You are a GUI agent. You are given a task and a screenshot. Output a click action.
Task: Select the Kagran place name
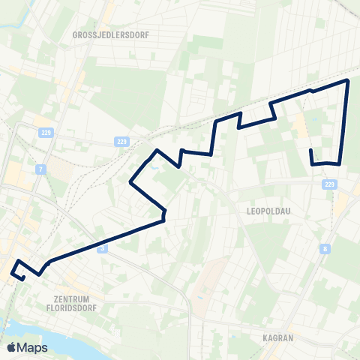coord(277,337)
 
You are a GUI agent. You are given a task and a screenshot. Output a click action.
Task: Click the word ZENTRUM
coord(67,298)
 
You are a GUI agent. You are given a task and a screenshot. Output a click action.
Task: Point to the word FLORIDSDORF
coord(67,307)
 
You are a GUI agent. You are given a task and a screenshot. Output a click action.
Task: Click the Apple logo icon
coord(11,347)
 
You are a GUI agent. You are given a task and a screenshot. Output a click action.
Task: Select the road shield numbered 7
coord(40,169)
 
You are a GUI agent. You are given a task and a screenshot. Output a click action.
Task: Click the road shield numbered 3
coord(103,247)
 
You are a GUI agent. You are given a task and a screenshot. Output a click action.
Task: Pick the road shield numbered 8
coord(325,248)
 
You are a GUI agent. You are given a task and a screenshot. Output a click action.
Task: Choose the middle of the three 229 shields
coord(122,140)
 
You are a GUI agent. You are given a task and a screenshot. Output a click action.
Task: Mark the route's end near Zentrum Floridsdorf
coord(24,279)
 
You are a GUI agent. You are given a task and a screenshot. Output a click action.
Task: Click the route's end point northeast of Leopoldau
coord(310,151)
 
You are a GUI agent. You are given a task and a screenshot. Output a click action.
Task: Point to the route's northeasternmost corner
coord(348,79)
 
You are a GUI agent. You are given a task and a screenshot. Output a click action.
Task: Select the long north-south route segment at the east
coord(344,120)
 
